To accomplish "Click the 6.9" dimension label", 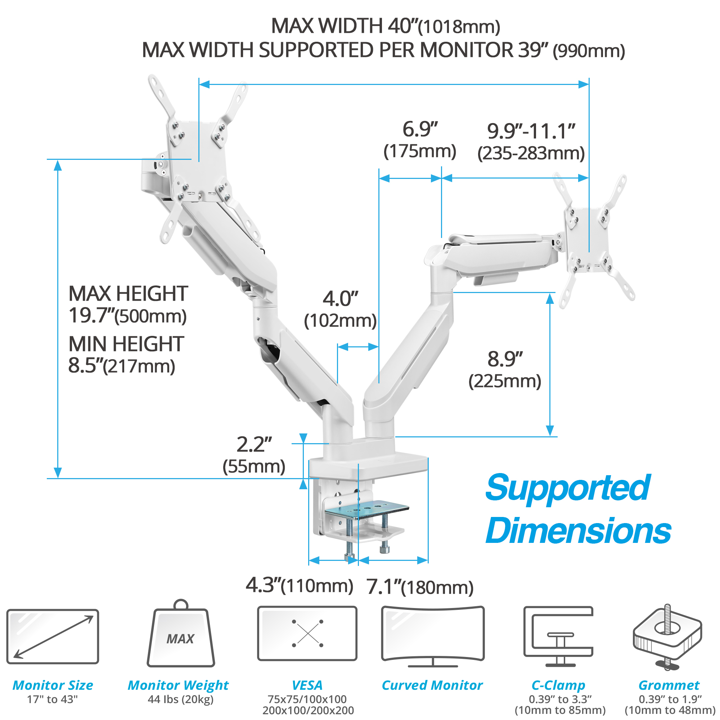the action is pyautogui.click(x=420, y=129).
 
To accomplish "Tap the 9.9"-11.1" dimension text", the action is pyautogui.click(x=531, y=131).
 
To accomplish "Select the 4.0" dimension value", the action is pyautogui.click(x=340, y=298).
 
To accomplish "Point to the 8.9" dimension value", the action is pyautogui.click(x=505, y=359).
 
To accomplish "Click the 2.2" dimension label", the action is pyautogui.click(x=254, y=444).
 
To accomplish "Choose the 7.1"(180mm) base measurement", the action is pyautogui.click(x=420, y=587).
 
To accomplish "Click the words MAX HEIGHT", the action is pyautogui.click(x=128, y=294).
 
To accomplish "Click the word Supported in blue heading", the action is pyautogui.click(x=568, y=489).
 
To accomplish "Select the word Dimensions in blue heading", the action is pyautogui.click(x=579, y=531).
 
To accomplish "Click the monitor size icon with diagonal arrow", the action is pyautogui.click(x=53, y=636).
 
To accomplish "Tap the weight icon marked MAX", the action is pyautogui.click(x=181, y=633).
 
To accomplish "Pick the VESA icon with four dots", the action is pyautogui.click(x=307, y=633).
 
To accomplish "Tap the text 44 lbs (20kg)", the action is pyautogui.click(x=181, y=699).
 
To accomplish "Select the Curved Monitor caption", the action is pyautogui.click(x=432, y=685).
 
